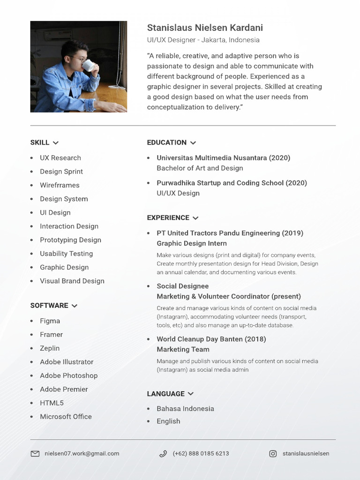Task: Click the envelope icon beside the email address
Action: tap(35, 454)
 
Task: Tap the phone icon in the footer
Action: tap(163, 454)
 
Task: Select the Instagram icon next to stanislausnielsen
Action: tap(273, 454)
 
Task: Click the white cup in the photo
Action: tap(89, 65)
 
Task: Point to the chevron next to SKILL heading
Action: tap(56, 143)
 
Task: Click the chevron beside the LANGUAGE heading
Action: tap(190, 394)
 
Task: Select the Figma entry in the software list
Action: tap(50, 321)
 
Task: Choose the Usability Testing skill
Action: tap(66, 254)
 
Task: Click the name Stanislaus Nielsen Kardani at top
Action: tap(205, 28)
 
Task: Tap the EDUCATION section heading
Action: tap(166, 142)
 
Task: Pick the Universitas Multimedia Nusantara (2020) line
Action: tap(223, 158)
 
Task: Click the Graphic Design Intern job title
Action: tap(191, 243)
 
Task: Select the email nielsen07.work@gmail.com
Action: tap(82, 454)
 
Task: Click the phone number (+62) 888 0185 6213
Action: tap(201, 454)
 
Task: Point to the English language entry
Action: tap(168, 421)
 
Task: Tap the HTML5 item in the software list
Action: tap(52, 403)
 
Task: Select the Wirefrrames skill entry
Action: tap(60, 185)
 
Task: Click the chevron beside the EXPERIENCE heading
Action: tap(195, 218)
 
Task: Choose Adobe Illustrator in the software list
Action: tap(67, 362)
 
